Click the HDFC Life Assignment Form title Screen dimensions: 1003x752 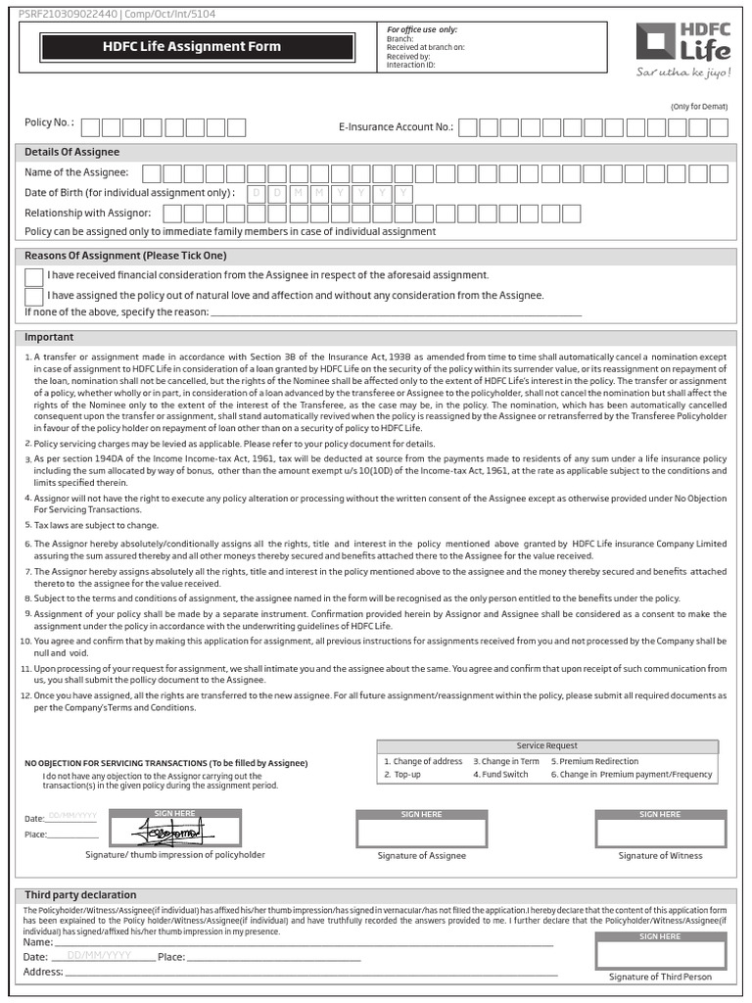click(x=192, y=46)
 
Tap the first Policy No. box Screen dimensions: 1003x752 click(x=85, y=126)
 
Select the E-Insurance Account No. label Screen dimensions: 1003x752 click(x=396, y=127)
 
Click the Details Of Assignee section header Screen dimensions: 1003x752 click(x=72, y=152)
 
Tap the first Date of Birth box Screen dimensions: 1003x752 click(x=258, y=193)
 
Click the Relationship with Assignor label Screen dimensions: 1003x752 click(x=87, y=213)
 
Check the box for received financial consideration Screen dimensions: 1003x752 click(x=34, y=276)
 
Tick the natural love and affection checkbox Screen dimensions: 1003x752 click(x=34, y=296)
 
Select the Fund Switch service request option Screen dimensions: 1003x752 click(x=504, y=774)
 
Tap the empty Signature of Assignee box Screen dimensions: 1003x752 click(x=422, y=833)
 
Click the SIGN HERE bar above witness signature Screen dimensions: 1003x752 click(x=661, y=814)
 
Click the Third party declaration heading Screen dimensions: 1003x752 click(x=80, y=894)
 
